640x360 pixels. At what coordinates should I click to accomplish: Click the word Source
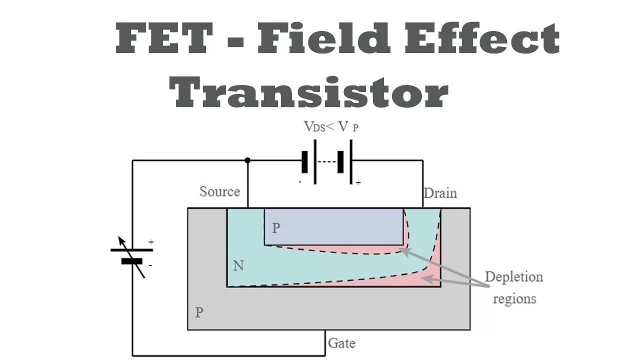point(219,191)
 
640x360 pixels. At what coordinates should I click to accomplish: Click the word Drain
point(440,193)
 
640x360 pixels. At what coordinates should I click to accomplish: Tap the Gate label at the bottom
point(341,343)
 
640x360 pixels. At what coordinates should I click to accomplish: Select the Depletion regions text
point(514,287)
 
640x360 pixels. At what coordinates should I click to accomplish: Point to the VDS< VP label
point(331,126)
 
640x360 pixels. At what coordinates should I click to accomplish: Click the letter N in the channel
point(238,266)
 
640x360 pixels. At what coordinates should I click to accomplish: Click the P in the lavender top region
point(276,228)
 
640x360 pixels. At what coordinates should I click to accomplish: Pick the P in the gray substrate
point(199,313)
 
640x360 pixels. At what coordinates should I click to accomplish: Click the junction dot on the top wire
point(247,160)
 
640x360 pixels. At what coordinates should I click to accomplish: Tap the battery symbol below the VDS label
point(327,161)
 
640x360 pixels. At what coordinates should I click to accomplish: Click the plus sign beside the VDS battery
point(358,183)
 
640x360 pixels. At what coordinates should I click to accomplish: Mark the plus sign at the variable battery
point(151,242)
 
